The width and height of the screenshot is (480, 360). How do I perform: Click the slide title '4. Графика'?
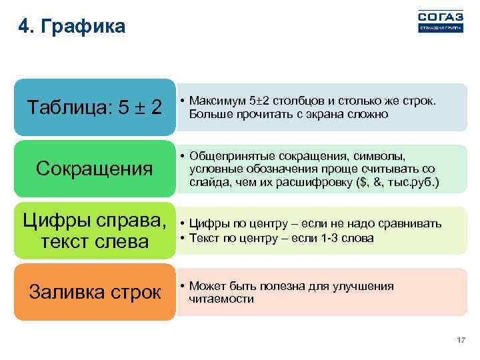click(x=72, y=27)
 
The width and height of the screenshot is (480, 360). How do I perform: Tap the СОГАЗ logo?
click(x=439, y=21)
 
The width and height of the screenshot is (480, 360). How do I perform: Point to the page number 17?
click(x=460, y=341)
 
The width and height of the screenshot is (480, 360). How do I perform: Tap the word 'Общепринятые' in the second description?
click(x=225, y=156)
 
